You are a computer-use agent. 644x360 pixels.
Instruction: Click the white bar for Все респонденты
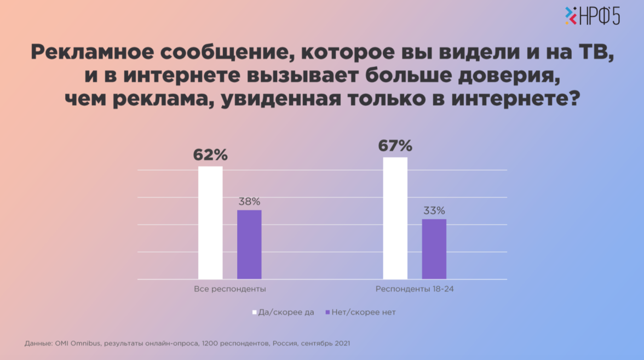point(210,222)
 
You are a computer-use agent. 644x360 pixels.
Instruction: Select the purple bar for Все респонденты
point(249,244)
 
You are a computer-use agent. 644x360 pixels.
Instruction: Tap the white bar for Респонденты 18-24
point(395,218)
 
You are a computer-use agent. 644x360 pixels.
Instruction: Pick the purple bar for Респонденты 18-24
point(434,249)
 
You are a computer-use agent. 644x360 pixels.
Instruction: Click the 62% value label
point(210,155)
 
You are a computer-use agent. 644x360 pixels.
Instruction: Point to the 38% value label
point(249,202)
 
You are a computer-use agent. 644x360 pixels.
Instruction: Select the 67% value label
point(395,146)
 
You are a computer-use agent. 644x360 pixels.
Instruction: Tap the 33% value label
point(434,210)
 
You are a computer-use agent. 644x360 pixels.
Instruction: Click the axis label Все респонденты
point(230,289)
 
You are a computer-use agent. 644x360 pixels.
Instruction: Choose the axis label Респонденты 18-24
point(415,289)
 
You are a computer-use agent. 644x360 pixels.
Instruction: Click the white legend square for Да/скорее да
point(255,312)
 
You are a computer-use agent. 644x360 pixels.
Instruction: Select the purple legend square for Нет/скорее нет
point(327,312)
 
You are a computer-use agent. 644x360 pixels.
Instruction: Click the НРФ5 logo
point(593,16)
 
